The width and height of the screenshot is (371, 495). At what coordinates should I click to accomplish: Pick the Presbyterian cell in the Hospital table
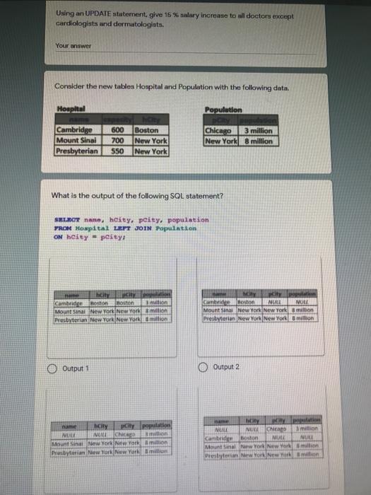(x=78, y=151)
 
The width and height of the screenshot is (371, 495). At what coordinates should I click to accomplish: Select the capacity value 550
(x=117, y=151)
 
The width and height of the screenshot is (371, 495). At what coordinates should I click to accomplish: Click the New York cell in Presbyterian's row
(x=150, y=151)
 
